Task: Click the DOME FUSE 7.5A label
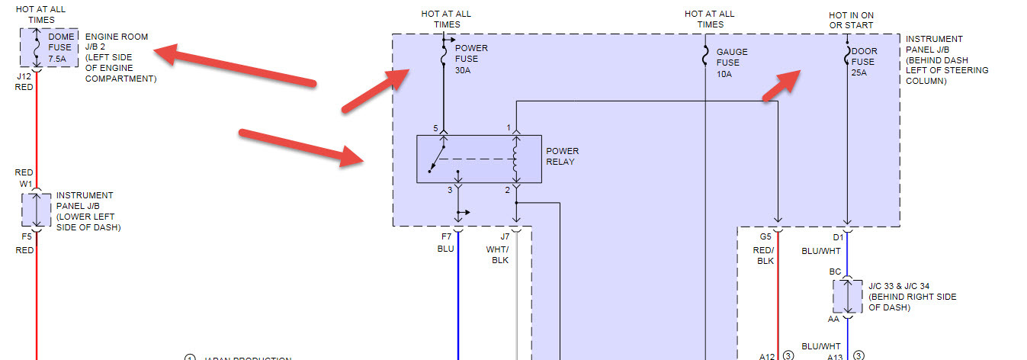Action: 60,47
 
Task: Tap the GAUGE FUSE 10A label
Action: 732,63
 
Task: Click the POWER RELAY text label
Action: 562,156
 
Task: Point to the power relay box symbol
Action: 479,159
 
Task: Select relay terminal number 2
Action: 507,189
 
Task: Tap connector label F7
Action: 445,237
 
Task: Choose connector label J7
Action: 504,237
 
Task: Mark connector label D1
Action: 837,237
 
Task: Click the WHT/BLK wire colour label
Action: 497,255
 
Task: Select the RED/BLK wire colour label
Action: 764,256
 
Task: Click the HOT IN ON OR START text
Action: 851,20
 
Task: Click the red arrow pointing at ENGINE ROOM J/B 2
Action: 236,66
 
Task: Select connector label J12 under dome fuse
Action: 24,76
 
